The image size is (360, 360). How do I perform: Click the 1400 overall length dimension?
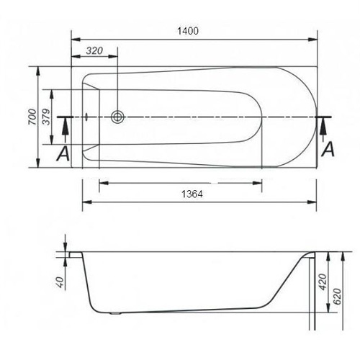coord(188,31)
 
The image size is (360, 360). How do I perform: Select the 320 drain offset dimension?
coord(94,50)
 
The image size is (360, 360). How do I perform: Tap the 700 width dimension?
coord(32,117)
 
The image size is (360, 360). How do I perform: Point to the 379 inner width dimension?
coord(47,117)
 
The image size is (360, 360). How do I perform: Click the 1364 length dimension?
coord(192,194)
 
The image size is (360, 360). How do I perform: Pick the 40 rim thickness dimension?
coord(60,282)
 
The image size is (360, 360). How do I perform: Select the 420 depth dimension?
coord(323,282)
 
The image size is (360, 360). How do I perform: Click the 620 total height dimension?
coord(338,296)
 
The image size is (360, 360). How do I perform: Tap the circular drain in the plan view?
coord(117,117)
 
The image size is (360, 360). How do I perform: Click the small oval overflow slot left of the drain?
coord(86,117)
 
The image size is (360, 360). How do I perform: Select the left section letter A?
coord(63,153)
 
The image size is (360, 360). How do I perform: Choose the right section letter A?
coord(328,149)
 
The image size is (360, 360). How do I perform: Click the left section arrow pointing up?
coord(66,132)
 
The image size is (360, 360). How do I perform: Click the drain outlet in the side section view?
coord(116,313)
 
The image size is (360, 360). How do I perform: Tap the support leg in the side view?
coord(312,294)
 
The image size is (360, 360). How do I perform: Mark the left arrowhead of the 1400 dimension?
coord(77,40)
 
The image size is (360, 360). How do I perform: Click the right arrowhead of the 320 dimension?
coord(113,57)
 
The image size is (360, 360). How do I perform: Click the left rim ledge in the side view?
coord(76,255)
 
